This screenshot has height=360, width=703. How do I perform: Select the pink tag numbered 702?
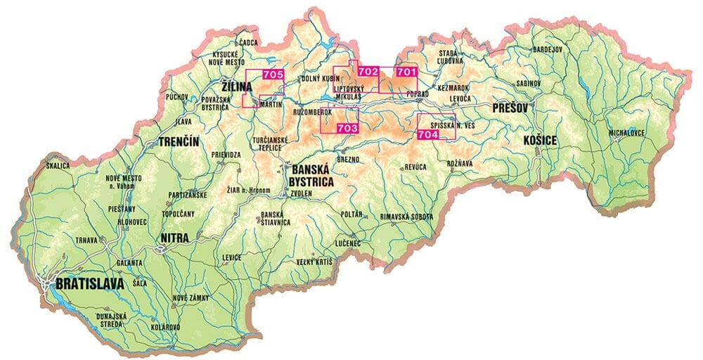point(368,71)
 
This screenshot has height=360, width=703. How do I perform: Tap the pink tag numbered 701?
point(406,71)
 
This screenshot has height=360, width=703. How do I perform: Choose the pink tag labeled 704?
point(429,134)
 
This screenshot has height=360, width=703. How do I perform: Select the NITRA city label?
point(174,238)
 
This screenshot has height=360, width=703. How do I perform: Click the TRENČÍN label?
point(179,142)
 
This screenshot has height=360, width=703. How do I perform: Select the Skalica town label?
point(58,166)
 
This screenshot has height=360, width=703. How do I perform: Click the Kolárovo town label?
point(165,328)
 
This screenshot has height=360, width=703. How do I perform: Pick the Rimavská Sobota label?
point(406,217)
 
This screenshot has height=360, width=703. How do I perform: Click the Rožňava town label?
point(459,163)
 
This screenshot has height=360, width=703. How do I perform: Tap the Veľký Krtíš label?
point(313,262)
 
